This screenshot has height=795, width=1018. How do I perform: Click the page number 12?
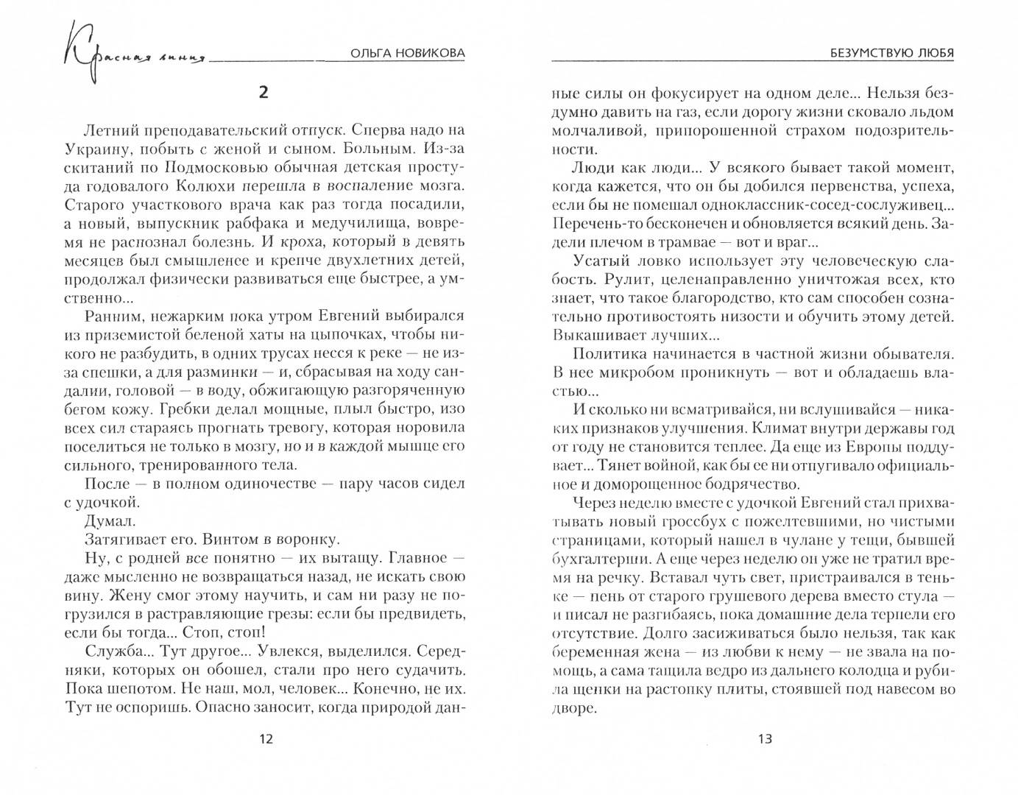(x=266, y=739)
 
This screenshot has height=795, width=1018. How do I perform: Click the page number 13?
(x=764, y=739)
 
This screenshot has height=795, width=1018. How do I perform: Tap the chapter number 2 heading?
(x=264, y=92)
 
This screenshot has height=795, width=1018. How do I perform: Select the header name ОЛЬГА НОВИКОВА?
(x=405, y=54)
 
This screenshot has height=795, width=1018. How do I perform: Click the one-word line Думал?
(x=110, y=520)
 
